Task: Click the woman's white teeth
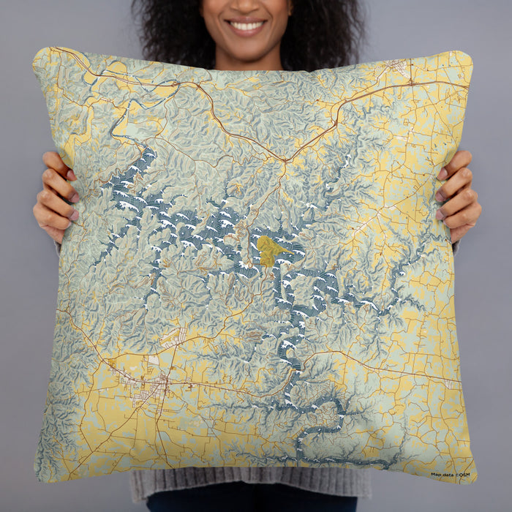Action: tap(246, 26)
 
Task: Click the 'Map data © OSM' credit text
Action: tap(451, 474)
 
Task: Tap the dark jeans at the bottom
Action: tap(249, 505)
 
